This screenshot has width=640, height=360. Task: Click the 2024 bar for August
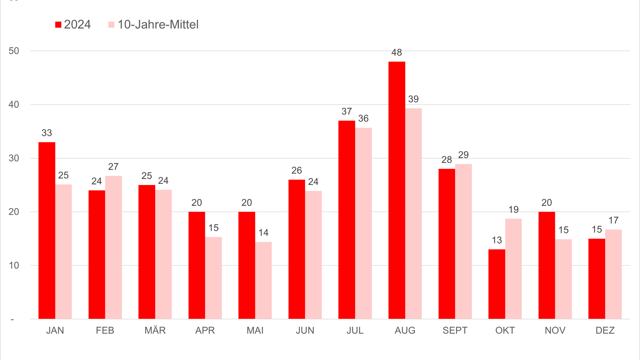point(396,190)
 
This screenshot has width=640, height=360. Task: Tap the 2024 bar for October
point(497,284)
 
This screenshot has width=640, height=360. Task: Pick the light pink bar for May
point(263,280)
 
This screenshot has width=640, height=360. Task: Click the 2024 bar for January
point(47,230)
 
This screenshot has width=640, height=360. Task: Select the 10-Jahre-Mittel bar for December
point(613,274)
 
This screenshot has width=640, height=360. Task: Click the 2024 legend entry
point(73,25)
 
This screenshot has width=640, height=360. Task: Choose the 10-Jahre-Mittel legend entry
point(154,25)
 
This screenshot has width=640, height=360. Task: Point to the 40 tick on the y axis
point(14,105)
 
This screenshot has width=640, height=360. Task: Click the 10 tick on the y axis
point(14,266)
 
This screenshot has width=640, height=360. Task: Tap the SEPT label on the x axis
point(455,331)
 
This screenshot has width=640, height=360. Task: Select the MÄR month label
point(155,331)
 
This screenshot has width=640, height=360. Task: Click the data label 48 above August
point(396,52)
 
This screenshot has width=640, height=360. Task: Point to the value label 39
point(413,99)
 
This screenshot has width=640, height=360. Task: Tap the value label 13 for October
point(497,240)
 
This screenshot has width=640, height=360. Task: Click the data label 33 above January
point(47,133)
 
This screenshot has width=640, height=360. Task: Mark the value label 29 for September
point(463,155)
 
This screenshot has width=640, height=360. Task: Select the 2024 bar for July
point(347,220)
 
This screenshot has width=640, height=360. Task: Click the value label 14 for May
point(263,233)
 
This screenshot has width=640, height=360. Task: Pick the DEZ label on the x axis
point(605,331)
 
